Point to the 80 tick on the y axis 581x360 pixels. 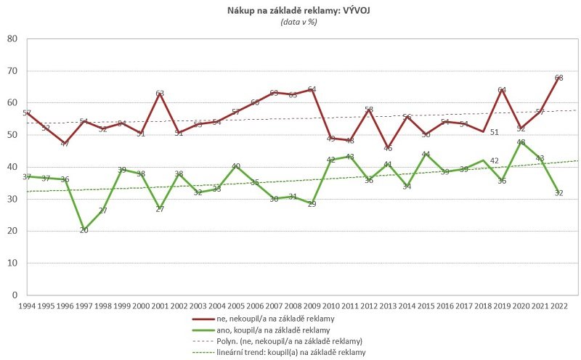tap(12, 38)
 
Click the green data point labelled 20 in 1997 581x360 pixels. tap(84, 230)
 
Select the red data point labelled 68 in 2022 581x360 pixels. tap(558, 78)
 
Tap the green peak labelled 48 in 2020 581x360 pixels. tap(520, 142)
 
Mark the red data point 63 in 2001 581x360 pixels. tap(159, 94)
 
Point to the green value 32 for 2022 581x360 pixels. tap(558, 192)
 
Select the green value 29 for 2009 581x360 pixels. tap(311, 203)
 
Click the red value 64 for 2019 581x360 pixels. tap(501, 90)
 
